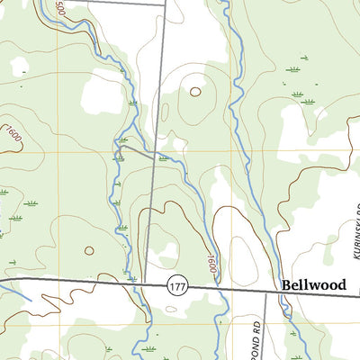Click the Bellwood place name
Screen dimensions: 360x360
[x=313, y=283]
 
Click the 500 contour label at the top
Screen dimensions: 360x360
[x=60, y=8]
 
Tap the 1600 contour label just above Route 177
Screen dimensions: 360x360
[x=212, y=264]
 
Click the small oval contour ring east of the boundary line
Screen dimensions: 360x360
[x=194, y=91]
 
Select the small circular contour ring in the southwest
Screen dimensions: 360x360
[x=88, y=251]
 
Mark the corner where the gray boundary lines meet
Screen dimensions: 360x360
[x=166, y=4]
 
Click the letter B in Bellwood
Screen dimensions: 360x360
[x=287, y=283]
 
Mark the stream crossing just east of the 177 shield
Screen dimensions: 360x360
[x=219, y=288]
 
